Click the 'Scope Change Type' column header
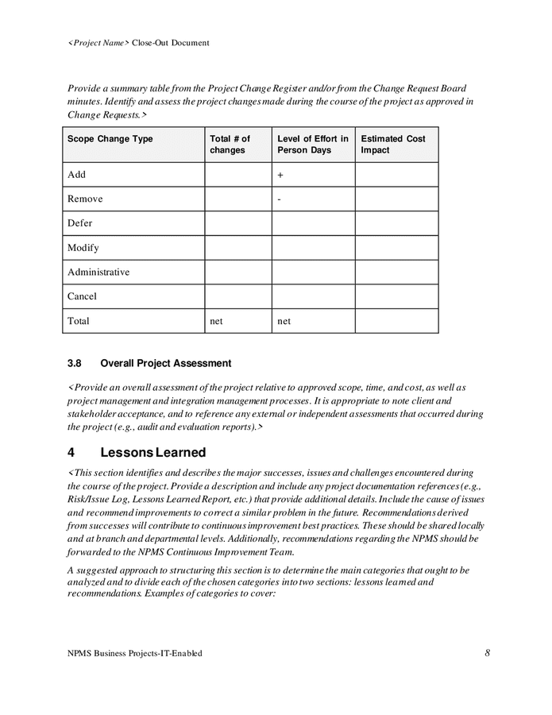pos(110,139)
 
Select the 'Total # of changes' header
pos(230,145)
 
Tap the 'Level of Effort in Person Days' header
pos(312,145)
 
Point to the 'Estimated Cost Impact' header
pos(392,145)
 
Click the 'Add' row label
pos(76,175)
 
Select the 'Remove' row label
pos(85,199)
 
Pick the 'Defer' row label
pos(80,223)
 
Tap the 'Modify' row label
pos(83,248)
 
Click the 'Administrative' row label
pos(98,272)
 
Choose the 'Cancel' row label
pos(82,296)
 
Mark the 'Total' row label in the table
pos(79,321)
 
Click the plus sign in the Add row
pos(280,175)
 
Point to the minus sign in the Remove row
pos(280,199)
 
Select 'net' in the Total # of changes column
pos(216,321)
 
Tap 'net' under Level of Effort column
pos(284,321)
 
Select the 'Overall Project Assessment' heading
pos(165,364)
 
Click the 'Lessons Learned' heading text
pos(152,453)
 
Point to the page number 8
pos(487,653)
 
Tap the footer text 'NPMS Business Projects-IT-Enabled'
pos(134,653)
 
